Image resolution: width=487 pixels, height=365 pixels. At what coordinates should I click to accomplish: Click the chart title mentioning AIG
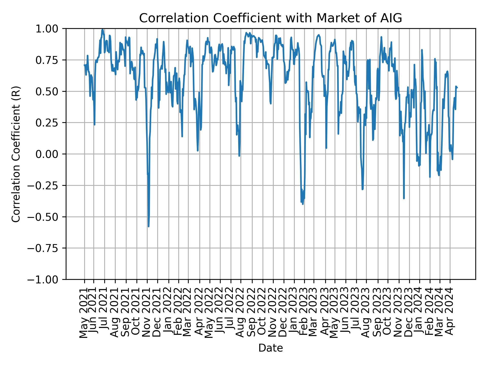[x=271, y=18]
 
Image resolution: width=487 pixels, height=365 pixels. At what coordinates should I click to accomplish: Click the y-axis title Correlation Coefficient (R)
[x=16, y=154]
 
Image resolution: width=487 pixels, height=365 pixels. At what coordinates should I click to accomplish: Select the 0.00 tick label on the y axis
[x=50, y=154]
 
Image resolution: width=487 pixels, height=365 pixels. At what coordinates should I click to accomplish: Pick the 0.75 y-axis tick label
[x=50, y=60]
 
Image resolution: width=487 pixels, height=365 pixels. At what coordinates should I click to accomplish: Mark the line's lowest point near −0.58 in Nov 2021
[x=148, y=226]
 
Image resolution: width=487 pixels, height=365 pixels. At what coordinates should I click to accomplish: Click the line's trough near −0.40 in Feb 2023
[x=303, y=204]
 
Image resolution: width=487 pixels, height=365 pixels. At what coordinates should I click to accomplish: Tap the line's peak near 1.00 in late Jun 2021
[x=102, y=29]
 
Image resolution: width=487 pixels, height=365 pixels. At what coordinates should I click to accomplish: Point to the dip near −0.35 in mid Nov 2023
[x=404, y=198]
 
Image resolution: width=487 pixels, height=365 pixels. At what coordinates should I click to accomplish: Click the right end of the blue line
[x=457, y=88]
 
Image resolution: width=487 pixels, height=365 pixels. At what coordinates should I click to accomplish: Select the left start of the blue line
[x=84, y=65]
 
